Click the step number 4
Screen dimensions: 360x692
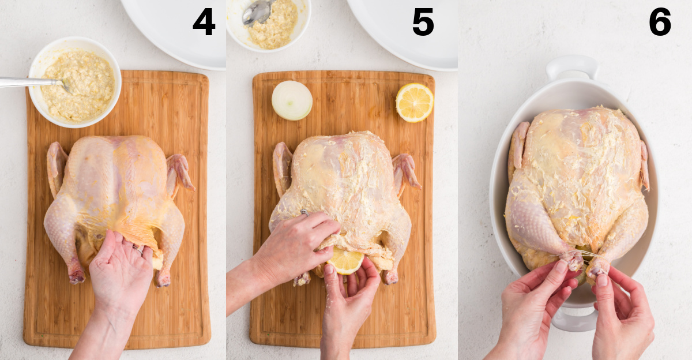(204, 22)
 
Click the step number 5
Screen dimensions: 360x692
(423, 22)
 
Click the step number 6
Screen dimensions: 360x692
(660, 22)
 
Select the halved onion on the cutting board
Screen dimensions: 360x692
(292, 100)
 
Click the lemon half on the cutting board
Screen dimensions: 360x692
(414, 102)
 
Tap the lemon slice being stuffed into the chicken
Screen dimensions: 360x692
(345, 260)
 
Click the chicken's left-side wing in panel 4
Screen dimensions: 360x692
(57, 167)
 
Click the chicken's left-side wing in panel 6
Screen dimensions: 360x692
(518, 144)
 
